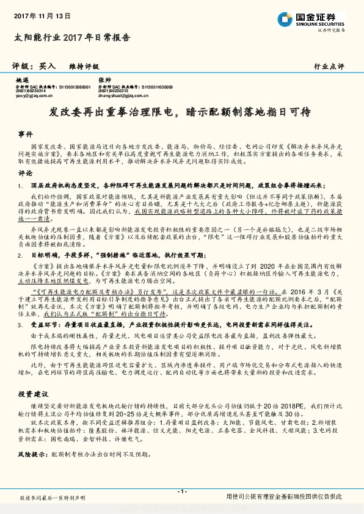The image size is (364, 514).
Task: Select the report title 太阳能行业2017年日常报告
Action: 72,37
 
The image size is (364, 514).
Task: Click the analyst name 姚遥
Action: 21,80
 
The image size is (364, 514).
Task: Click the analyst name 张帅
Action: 104,80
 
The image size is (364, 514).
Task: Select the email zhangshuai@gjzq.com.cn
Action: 126,96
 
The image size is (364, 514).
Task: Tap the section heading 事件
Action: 25,133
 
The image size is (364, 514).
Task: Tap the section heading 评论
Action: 25,173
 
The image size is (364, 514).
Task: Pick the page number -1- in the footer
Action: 181,491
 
